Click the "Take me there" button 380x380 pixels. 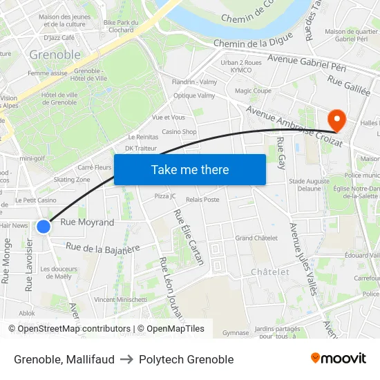click(190, 169)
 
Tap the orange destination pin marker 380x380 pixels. click(337, 119)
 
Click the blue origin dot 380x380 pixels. click(44, 226)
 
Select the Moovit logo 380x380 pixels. click(339, 359)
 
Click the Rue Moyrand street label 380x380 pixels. click(87, 222)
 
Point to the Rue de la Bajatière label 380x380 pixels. click(103, 247)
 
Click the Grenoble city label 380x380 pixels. click(55, 55)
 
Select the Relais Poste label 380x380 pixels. click(202, 200)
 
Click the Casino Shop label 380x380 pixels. click(179, 132)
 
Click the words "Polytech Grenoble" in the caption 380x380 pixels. click(186, 359)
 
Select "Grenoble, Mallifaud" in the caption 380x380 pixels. click(64, 359)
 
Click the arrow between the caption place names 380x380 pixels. click(126, 359)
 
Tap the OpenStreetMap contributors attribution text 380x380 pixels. click(69, 329)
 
